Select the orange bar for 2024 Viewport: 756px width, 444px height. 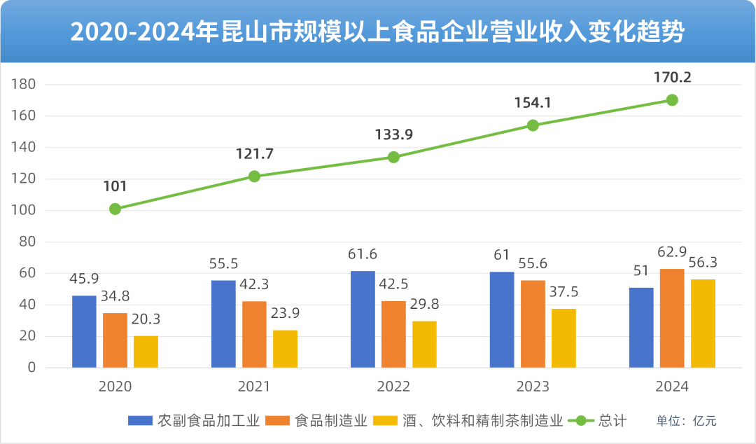672,319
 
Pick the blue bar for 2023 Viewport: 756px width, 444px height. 502,320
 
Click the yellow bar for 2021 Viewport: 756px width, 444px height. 285,349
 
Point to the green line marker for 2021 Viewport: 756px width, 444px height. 254,176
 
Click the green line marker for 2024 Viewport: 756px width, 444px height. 672,100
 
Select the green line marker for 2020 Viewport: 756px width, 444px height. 115,209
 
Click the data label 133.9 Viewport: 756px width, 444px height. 393,135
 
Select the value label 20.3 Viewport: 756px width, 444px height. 146,319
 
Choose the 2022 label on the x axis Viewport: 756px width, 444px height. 393,387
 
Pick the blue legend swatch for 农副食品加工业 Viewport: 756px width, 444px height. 140,421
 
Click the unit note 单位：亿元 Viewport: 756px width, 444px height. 686,421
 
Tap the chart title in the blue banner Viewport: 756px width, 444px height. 378,32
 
